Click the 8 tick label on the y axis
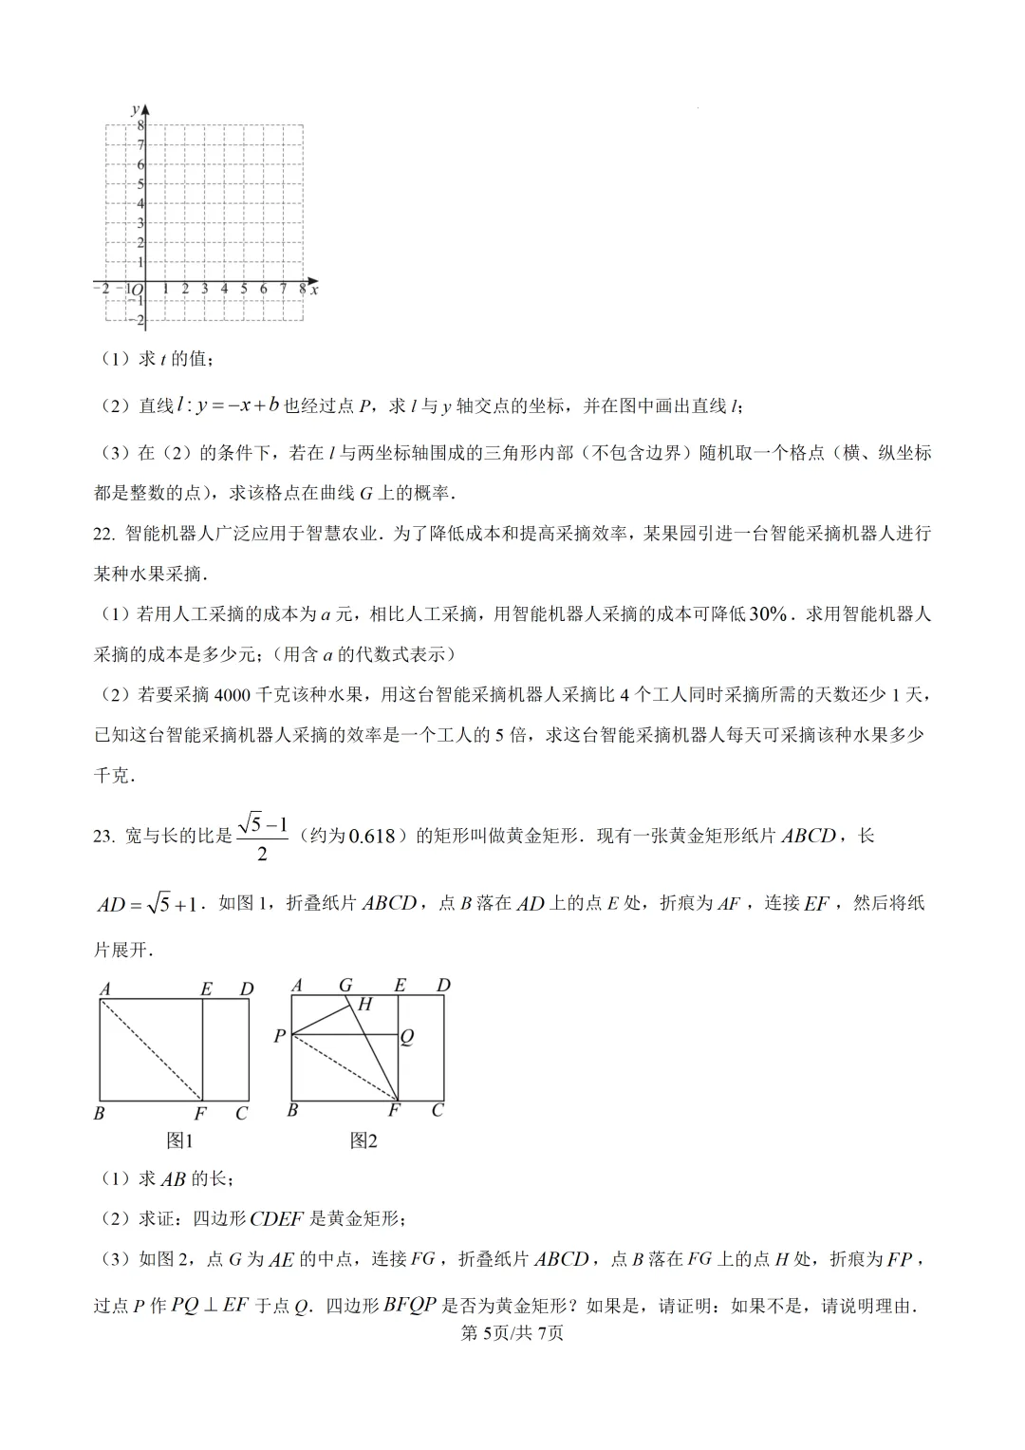tap(140, 125)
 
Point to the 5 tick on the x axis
tap(244, 289)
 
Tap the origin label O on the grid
tap(137, 290)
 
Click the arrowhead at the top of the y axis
tap(146, 109)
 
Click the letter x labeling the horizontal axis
tap(314, 290)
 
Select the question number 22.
tap(103, 534)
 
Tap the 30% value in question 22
tap(768, 614)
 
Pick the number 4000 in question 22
tap(233, 695)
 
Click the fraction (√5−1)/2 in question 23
tap(263, 837)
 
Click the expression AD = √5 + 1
tap(148, 904)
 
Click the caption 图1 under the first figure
tap(179, 1140)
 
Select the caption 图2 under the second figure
tap(363, 1140)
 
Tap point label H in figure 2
tap(365, 1004)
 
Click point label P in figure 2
tap(279, 1036)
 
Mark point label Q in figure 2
tap(407, 1037)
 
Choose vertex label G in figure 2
tap(345, 986)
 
